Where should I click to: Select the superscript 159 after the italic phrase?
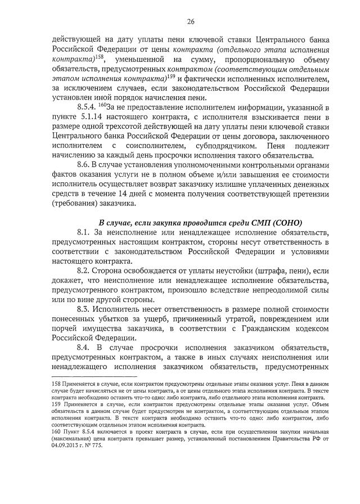pos(172,76)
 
